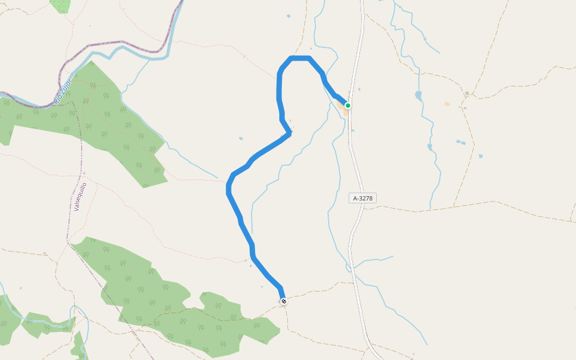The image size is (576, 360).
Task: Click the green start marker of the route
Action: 347,106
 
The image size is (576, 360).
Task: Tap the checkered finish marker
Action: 283,301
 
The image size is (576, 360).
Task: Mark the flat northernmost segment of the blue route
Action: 300,58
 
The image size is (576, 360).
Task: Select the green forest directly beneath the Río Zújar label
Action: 96,120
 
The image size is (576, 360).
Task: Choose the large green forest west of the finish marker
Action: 156,300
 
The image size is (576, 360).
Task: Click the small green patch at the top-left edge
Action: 60,5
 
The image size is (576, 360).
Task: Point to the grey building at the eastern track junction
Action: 466,94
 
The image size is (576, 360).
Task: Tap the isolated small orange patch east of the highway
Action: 447,104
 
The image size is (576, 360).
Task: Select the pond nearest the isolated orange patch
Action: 418,95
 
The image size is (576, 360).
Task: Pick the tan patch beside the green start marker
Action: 345,110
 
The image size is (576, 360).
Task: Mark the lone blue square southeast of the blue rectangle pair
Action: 481,157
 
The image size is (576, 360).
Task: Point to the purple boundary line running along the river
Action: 120,43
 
